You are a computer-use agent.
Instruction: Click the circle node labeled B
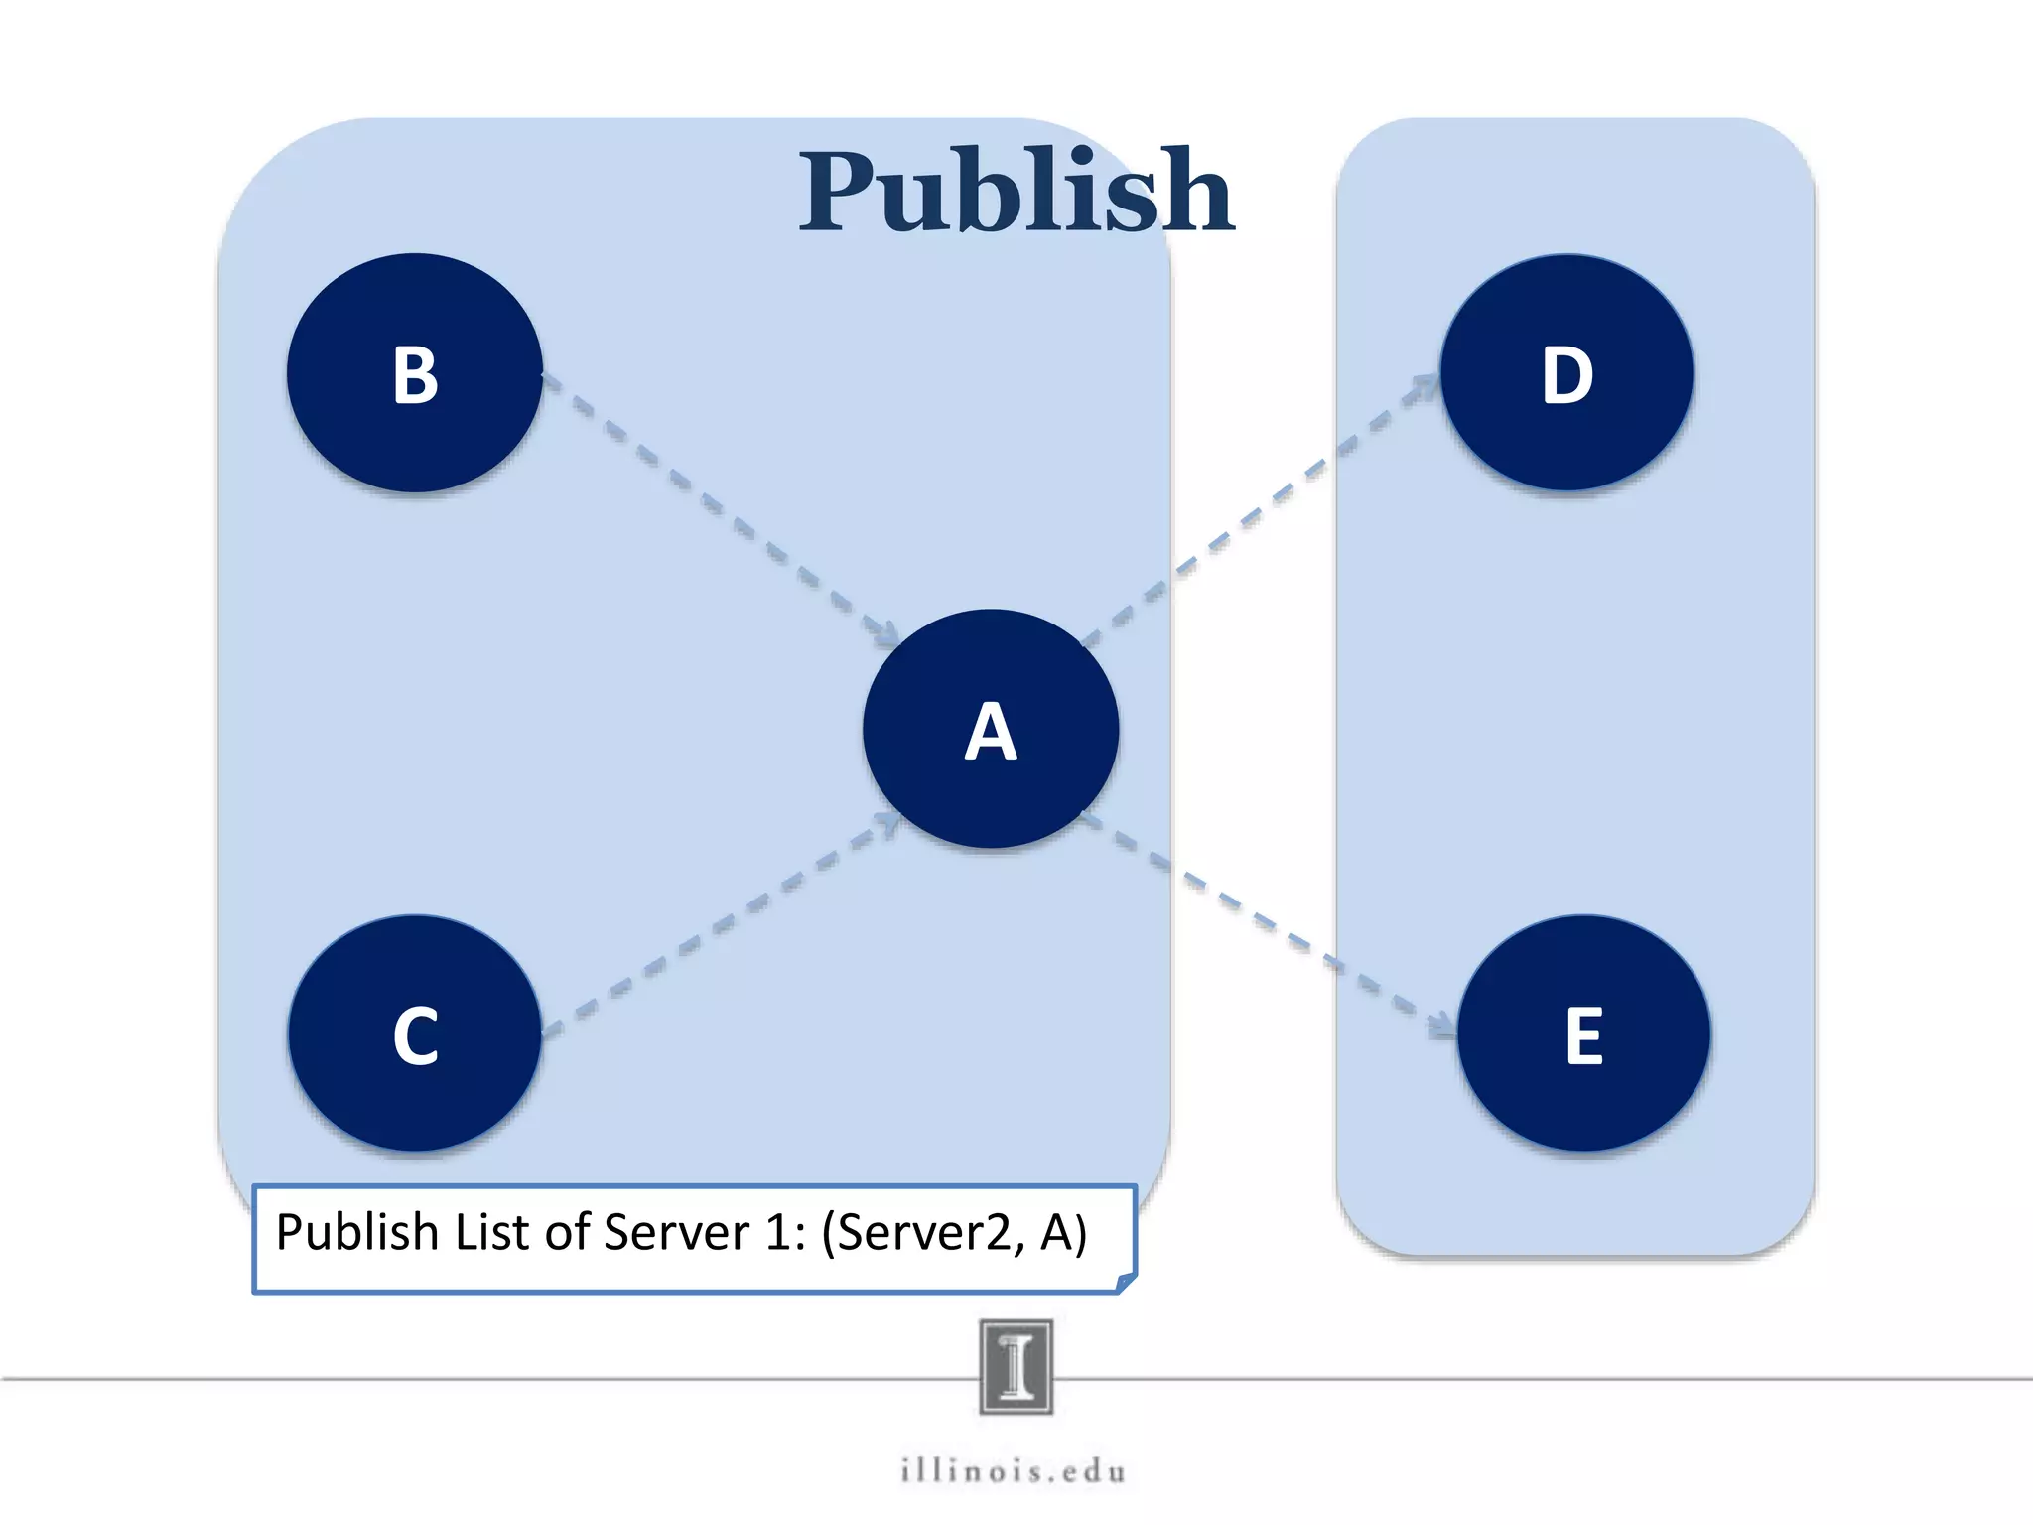click(x=415, y=373)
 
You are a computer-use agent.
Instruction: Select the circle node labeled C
click(x=415, y=1034)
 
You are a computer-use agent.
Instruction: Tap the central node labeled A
click(x=991, y=729)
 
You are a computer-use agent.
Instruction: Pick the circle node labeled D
click(x=1566, y=373)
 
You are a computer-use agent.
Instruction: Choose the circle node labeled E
click(x=1583, y=1034)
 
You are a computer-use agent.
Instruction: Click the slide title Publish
click(x=1016, y=191)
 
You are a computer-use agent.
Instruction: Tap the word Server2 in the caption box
click(x=924, y=1233)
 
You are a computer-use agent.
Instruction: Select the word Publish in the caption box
click(x=356, y=1233)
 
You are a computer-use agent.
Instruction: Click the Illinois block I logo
click(x=1016, y=1366)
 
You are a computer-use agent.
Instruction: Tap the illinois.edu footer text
click(x=1014, y=1470)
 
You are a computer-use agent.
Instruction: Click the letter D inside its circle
click(x=1566, y=375)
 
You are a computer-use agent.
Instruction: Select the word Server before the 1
click(x=675, y=1233)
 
